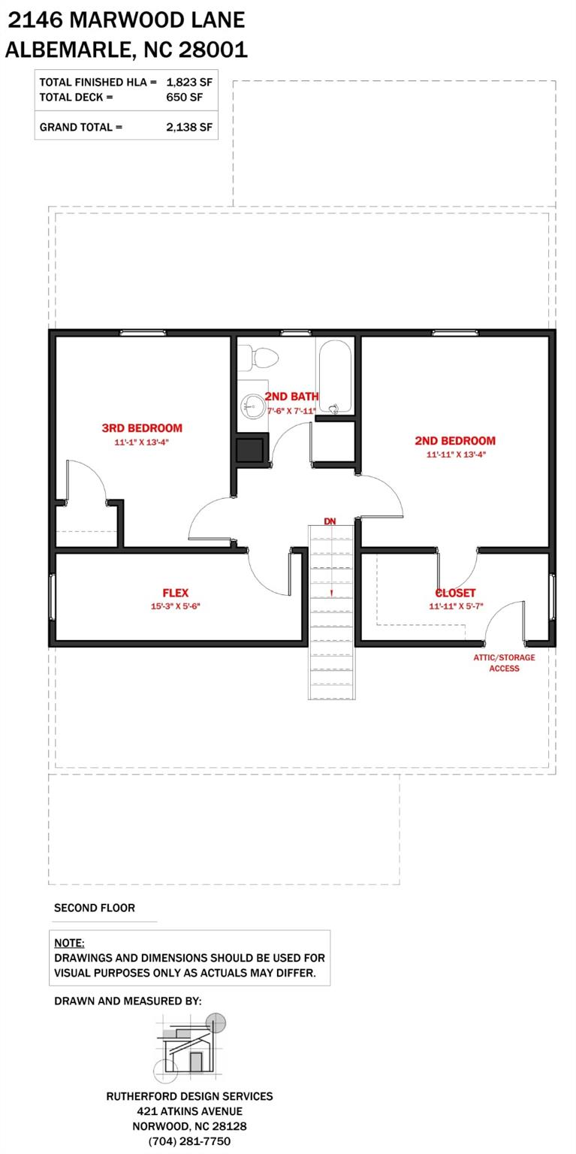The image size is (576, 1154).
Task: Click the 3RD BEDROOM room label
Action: (142, 428)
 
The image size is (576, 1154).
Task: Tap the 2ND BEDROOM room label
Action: (455, 441)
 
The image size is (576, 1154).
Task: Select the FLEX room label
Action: (175, 593)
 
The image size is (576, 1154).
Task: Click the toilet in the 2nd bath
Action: (260, 357)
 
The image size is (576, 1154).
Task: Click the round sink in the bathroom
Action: (253, 407)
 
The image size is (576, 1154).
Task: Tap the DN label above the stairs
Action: (330, 521)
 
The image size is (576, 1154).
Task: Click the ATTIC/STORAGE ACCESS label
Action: (504, 663)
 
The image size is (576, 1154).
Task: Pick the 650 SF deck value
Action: (184, 97)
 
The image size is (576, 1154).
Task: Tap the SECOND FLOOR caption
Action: (95, 908)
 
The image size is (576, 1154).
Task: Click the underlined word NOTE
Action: (69, 943)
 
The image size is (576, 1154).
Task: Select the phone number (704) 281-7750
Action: (189, 1141)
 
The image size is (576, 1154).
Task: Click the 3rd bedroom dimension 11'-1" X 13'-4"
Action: (142, 443)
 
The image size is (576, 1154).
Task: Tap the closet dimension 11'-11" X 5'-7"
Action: (455, 606)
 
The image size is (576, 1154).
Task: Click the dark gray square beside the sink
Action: (249, 449)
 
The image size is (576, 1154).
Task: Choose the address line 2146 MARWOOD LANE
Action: (126, 20)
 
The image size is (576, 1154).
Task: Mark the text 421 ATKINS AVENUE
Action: (189, 1111)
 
